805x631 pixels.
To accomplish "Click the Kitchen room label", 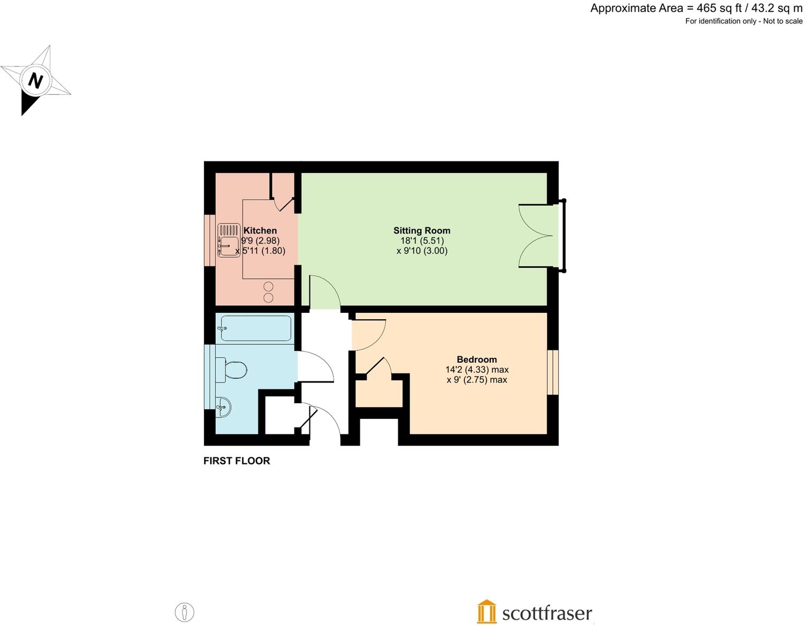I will pos(260,230).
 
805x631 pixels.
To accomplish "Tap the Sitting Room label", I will pos(422,230).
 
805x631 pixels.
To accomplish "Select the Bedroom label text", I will pos(476,359).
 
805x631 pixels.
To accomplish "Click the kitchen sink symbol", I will pos(229,240).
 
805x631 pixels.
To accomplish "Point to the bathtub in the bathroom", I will pos(256,328).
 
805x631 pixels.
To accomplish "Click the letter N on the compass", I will pos(35,81).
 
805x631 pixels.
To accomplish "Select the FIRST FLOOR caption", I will pos(237,461).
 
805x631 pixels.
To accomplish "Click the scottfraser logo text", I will pos(546,613).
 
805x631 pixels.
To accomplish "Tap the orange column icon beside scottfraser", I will pos(486,611).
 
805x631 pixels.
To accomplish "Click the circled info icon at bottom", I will pos(185,612).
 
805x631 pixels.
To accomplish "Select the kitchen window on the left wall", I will pos(209,240).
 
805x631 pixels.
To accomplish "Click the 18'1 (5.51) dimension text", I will pos(422,241).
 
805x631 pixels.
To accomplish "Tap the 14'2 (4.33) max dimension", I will pos(476,370).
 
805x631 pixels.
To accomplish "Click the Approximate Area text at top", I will pos(696,8).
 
